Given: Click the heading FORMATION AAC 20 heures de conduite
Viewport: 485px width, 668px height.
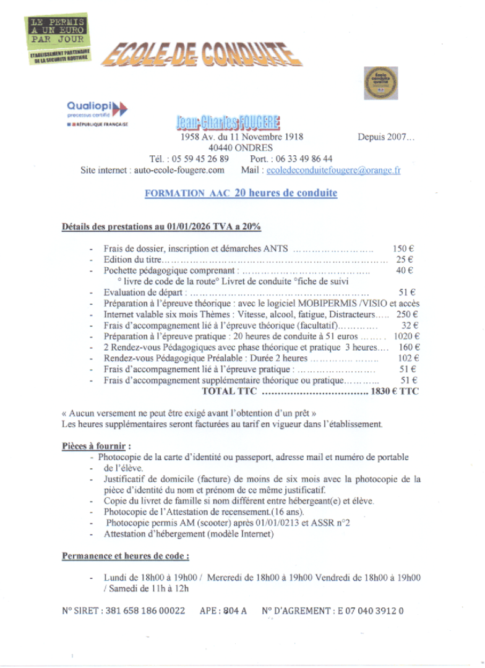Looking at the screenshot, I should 241,193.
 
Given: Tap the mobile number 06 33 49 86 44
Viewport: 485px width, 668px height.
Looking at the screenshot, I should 302,158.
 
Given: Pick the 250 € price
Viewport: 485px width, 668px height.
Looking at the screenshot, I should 408,314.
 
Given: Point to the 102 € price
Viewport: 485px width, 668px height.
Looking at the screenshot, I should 408,358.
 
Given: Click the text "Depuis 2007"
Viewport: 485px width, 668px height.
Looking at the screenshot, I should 386,137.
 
